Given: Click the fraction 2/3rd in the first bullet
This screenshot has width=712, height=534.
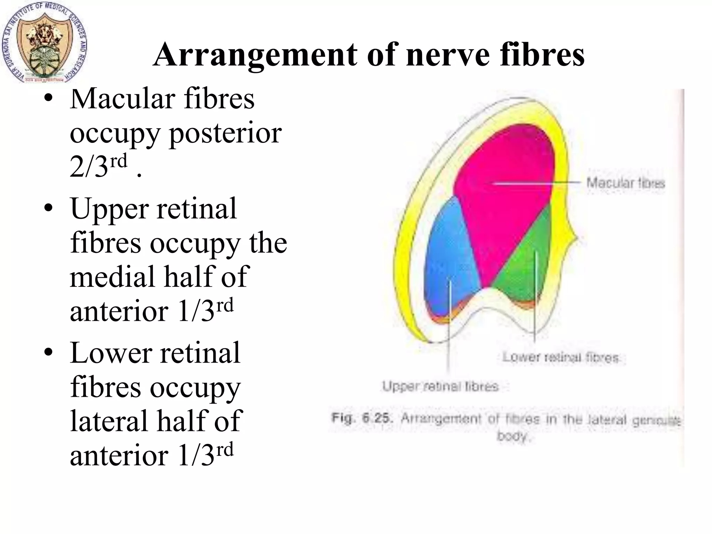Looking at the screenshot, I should coord(98,166).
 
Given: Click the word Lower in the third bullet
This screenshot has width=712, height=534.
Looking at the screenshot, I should coord(110,353).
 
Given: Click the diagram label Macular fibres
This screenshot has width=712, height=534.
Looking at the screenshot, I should coord(625,183).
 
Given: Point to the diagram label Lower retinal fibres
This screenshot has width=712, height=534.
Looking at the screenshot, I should coord(560,357).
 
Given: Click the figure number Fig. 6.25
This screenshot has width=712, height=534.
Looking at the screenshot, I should coord(362,418).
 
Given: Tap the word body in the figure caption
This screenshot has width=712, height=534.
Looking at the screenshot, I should coord(512,436).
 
